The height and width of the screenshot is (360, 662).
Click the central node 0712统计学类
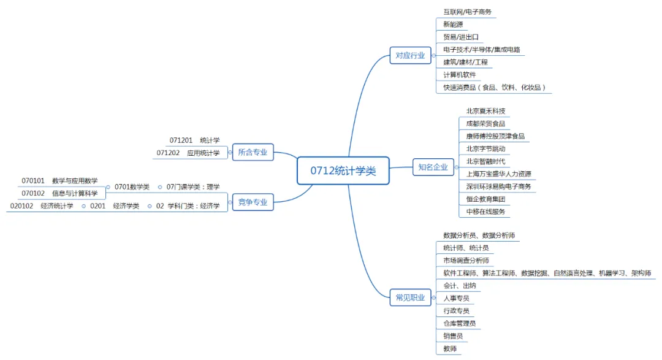(343, 171)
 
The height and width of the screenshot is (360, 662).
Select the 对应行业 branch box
(410, 55)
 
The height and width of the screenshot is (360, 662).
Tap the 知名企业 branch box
(433, 167)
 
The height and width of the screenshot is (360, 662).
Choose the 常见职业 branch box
(410, 298)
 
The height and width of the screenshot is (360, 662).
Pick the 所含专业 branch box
(253, 153)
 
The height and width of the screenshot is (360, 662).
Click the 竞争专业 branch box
(253, 202)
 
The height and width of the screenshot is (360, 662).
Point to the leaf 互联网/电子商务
(467, 12)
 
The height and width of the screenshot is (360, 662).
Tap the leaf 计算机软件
(459, 75)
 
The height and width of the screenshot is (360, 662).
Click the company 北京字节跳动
(485, 148)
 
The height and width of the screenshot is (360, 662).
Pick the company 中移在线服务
(485, 212)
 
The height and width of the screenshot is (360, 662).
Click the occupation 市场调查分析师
(466, 261)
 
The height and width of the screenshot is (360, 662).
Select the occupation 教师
(450, 349)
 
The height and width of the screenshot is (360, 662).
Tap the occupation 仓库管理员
(459, 323)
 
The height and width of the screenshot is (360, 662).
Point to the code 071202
(169, 153)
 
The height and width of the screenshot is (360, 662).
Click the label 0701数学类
(132, 187)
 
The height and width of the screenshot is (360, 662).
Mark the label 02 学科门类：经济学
(188, 206)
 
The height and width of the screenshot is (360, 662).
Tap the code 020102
(21, 206)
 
